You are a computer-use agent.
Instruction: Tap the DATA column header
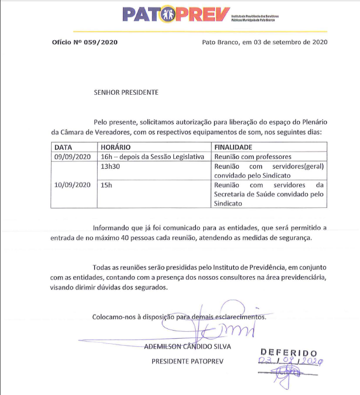pos(63,148)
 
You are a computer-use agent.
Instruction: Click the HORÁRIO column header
pos(116,148)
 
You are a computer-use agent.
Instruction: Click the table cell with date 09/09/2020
pos(73,156)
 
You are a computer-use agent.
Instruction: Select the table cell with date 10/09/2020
pos(73,184)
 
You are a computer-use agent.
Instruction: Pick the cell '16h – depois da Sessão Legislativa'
pos(152,156)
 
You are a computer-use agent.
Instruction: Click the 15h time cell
pos(105,184)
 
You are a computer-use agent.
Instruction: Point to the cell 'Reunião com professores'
pos(253,156)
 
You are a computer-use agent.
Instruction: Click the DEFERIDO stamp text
pos(288,351)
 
